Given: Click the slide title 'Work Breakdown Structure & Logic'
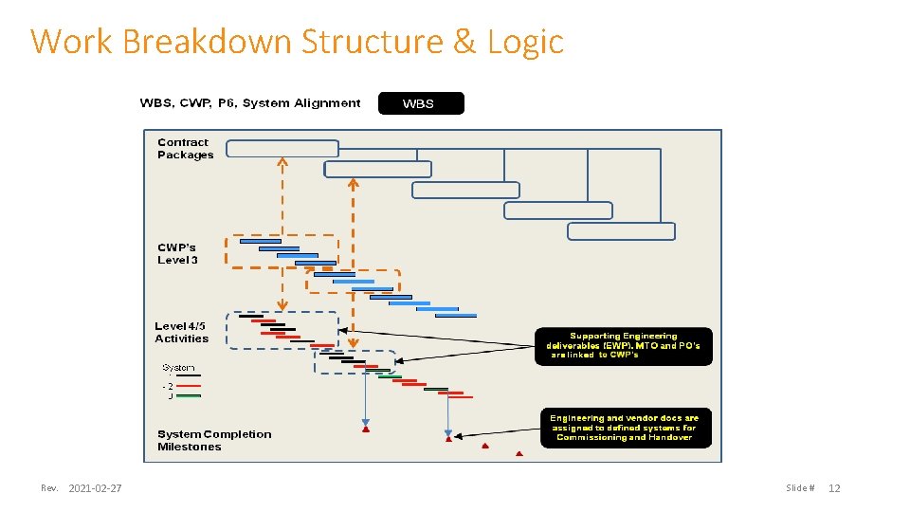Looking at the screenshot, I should click(297, 42).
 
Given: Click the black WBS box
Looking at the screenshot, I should click(421, 103).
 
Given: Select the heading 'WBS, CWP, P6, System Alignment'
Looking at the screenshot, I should click(250, 103).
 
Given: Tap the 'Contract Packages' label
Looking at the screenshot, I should click(186, 149).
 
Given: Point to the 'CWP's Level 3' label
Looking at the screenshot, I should click(178, 254).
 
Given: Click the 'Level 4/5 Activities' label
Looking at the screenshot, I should click(181, 333).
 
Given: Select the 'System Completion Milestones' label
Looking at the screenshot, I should click(214, 440).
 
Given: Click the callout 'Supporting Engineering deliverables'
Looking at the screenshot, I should click(623, 345).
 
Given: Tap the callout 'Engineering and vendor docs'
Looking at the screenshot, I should click(624, 428).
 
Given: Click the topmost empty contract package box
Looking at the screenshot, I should click(282, 149).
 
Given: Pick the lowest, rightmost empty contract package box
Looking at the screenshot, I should click(621, 231).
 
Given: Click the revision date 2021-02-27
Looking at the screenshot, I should click(95, 488).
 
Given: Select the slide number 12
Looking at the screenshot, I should click(834, 488).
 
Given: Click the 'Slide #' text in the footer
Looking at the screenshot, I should click(799, 488).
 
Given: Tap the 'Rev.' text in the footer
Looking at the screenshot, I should click(49, 488).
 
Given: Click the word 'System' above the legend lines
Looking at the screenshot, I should click(178, 367).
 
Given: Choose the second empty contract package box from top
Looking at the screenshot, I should click(377, 170).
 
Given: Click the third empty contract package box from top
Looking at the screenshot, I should click(465, 190).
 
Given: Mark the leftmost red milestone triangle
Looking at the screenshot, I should click(366, 430).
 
